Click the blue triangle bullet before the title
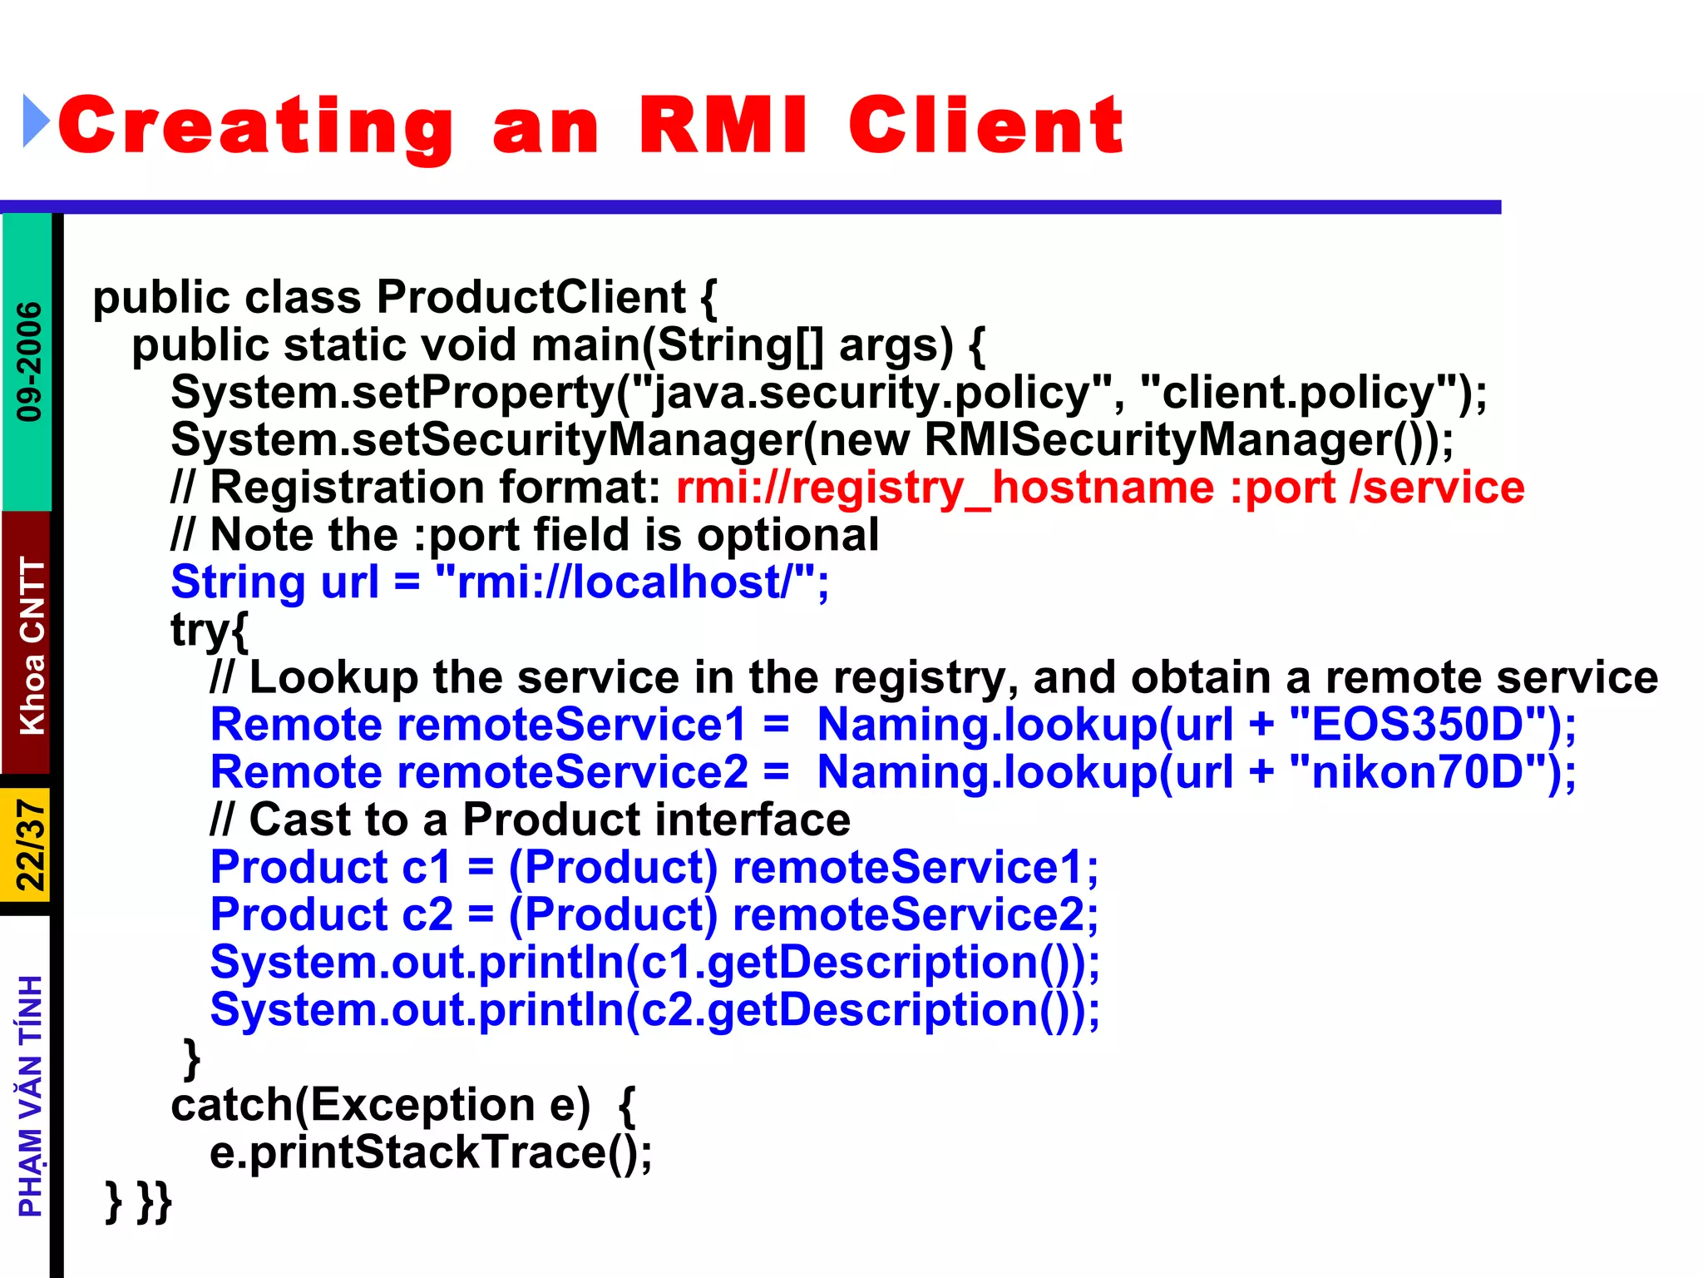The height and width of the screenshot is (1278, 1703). [x=36, y=121]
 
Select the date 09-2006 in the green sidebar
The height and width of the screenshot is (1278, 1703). [x=29, y=361]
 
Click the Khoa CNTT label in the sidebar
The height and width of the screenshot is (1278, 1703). [x=32, y=646]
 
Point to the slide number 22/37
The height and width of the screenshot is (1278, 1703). [x=31, y=845]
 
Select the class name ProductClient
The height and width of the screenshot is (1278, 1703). [x=531, y=297]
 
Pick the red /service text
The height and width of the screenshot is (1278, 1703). [x=1437, y=488]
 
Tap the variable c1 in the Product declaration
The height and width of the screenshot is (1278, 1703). [x=426, y=868]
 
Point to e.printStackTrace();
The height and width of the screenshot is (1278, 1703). [x=430, y=1153]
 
